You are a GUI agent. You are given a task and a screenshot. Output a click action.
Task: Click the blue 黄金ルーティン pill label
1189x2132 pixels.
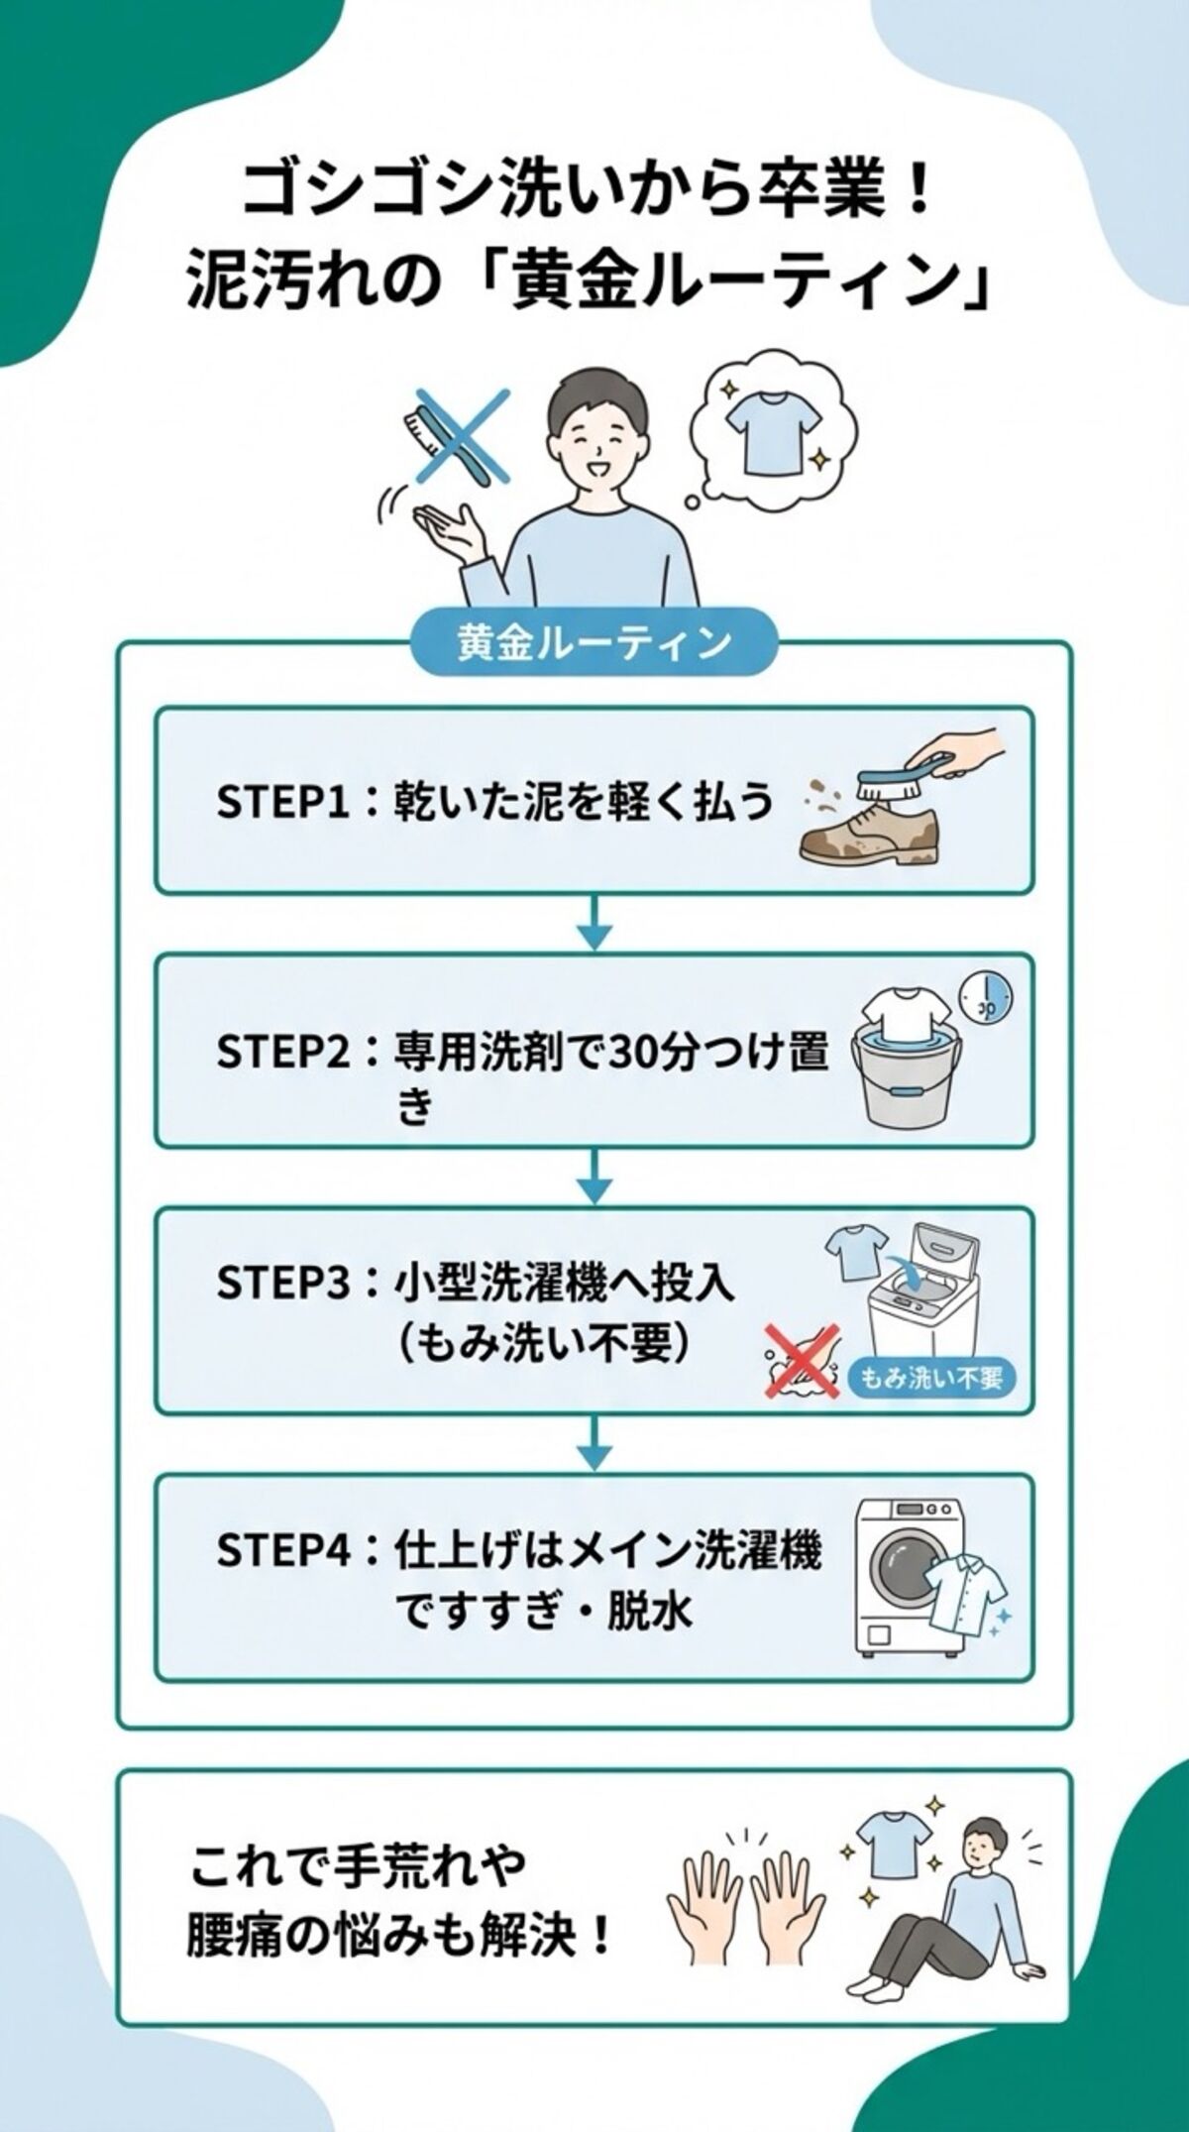(x=594, y=643)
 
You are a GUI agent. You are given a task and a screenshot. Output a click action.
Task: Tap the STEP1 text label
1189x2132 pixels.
(x=282, y=801)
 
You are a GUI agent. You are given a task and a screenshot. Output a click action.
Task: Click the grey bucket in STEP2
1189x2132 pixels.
(x=900, y=1085)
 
